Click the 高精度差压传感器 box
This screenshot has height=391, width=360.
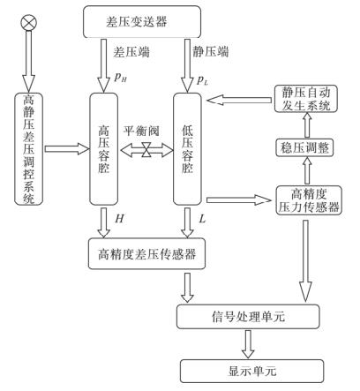[x=155, y=258]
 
